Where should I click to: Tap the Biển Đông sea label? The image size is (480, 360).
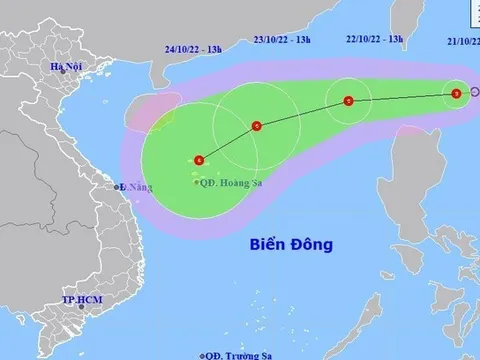tap(291, 244)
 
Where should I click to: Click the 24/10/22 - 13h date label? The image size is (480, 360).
tap(190, 45)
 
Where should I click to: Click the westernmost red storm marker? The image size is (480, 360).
tap(200, 160)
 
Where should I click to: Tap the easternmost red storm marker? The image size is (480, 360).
tap(456, 93)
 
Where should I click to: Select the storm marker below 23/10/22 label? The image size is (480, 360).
tap(257, 126)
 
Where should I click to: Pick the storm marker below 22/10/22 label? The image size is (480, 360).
tap(348, 101)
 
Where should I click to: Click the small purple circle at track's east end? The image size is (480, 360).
tap(474, 93)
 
